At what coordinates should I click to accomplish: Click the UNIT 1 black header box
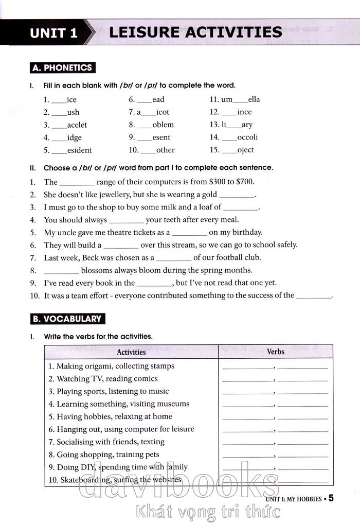[x=53, y=33]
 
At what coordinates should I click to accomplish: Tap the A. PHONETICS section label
[x=62, y=67]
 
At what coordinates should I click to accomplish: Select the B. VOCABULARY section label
[x=67, y=319]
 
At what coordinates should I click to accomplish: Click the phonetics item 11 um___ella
[x=235, y=99]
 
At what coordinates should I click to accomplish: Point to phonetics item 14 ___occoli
[x=233, y=137]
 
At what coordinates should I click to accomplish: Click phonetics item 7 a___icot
[x=149, y=112]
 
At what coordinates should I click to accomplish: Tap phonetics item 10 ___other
[x=152, y=150]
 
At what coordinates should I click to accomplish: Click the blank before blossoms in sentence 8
[x=61, y=270]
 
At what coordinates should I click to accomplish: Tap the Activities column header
[x=131, y=352]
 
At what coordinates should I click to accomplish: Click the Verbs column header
[x=276, y=352]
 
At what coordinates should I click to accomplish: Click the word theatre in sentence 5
[x=121, y=232]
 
